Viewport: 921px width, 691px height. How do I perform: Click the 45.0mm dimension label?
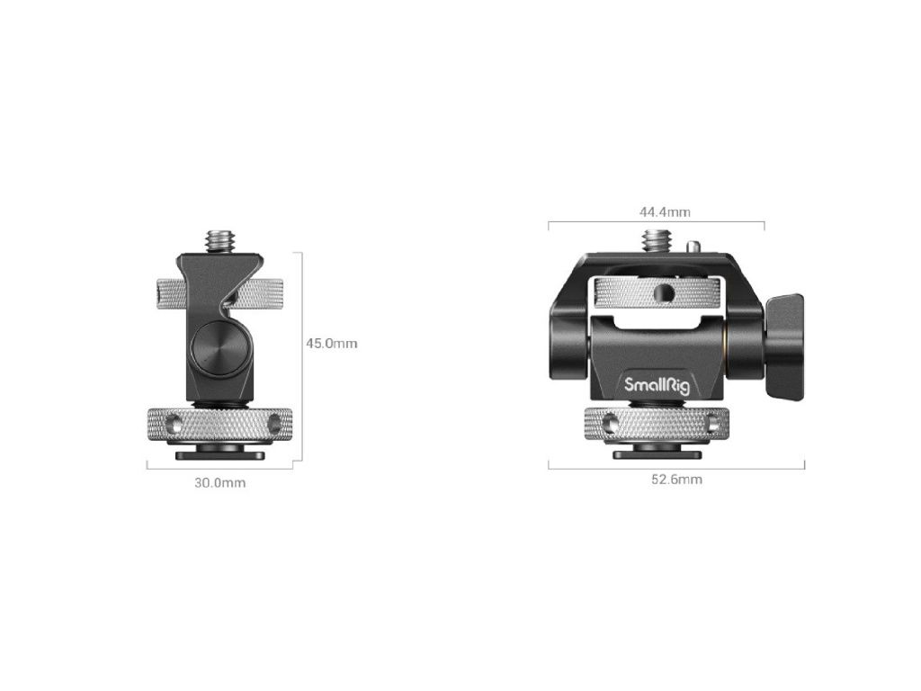331,343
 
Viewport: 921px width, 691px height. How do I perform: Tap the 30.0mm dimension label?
219,483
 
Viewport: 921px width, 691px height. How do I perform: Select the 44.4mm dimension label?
665,211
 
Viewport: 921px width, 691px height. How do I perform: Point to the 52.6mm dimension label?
676,480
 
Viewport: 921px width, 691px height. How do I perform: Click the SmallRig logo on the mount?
656,386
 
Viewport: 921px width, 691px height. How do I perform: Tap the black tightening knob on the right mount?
784,346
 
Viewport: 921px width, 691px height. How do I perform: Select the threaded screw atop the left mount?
219,241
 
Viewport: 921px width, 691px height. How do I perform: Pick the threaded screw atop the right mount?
655,241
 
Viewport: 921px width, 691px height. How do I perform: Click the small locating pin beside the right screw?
694,247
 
